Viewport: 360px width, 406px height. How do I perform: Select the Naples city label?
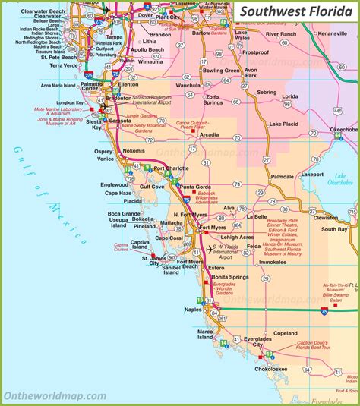[192, 310]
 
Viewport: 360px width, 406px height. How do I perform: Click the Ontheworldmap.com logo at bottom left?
[55, 395]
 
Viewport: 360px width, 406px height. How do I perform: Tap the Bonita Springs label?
[229, 277]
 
